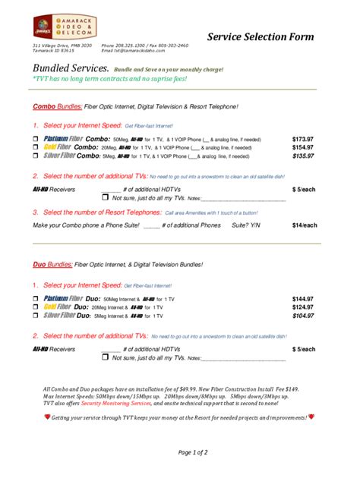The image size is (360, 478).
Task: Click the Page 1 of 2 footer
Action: coord(193,452)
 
